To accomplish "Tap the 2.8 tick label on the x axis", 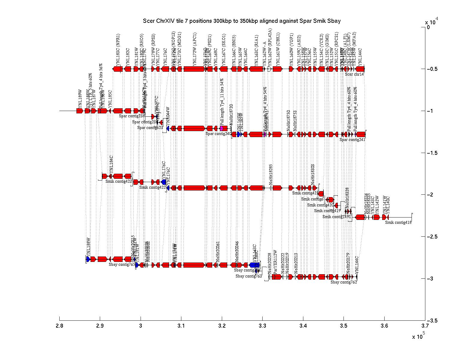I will pos(60,326).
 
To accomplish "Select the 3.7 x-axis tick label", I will pos(425,326).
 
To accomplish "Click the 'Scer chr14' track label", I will pos(354,74).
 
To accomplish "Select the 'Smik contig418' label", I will pos(398,222).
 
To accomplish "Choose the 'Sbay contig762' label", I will pos(344,282).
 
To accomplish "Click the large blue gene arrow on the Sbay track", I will pos(254,265).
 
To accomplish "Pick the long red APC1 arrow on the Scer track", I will pos(194,69).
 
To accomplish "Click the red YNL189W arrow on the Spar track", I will pos(79,111).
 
